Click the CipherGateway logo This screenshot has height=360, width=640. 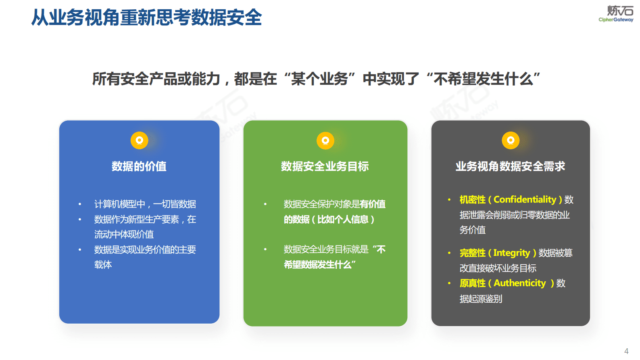click(616, 14)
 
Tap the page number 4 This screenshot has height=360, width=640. click(626, 351)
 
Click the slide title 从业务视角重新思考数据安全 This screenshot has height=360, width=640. click(147, 18)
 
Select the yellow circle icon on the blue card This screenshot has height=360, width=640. click(140, 140)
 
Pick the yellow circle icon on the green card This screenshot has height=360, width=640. click(325, 140)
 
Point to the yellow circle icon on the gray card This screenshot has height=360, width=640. click(511, 140)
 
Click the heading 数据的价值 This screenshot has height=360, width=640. click(139, 166)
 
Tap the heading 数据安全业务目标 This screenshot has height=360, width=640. click(325, 166)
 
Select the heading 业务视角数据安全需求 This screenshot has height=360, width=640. click(511, 166)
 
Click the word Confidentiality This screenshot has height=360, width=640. click(525, 199)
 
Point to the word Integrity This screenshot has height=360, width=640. click(511, 253)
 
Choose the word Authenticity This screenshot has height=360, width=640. click(519, 283)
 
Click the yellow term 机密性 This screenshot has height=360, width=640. click(472, 200)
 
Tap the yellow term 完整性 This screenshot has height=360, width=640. click(472, 253)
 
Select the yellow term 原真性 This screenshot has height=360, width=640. click(472, 283)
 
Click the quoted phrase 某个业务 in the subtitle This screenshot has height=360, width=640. click(319, 79)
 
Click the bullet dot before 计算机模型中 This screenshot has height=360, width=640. click(80, 204)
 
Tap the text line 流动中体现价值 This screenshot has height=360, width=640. click(124, 234)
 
